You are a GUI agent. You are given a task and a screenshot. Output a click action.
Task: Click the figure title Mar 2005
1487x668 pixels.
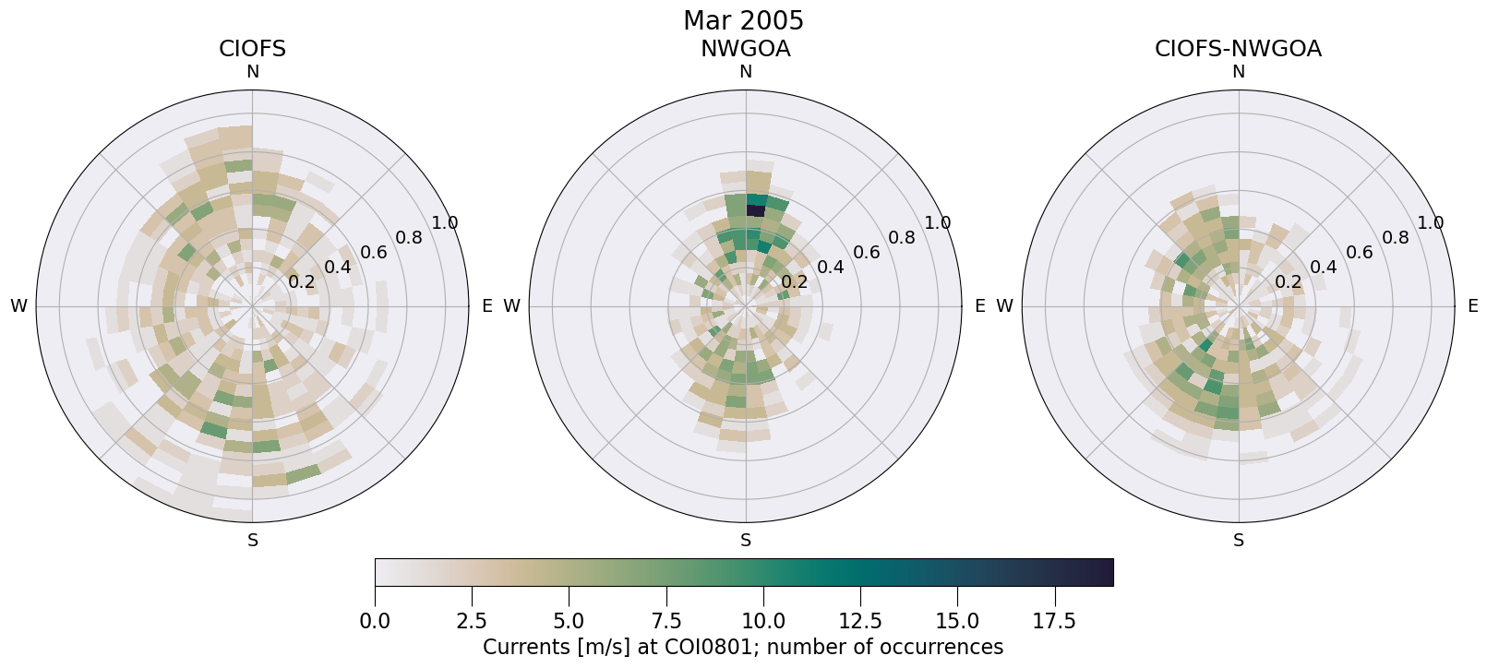click(743, 20)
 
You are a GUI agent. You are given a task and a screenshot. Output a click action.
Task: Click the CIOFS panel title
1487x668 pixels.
click(252, 49)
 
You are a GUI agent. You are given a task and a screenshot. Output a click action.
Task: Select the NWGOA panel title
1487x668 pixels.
click(745, 49)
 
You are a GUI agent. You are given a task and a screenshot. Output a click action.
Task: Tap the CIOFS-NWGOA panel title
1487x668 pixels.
click(1238, 49)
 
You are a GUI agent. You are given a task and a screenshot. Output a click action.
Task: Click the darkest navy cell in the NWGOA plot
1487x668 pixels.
click(754, 210)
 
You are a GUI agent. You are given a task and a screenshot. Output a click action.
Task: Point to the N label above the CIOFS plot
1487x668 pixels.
click(252, 72)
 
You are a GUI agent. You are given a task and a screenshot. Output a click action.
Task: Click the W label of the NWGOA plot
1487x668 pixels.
click(511, 306)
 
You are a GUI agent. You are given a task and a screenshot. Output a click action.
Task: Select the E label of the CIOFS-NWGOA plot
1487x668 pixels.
click(1472, 306)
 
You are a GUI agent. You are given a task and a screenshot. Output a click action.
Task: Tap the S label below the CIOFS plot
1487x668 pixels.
click(252, 541)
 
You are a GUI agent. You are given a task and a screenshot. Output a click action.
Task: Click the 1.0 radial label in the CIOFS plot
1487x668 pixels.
click(445, 222)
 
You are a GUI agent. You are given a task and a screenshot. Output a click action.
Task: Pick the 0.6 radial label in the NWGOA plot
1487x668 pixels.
click(865, 252)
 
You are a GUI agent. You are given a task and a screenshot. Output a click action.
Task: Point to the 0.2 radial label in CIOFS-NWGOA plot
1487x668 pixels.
click(1288, 281)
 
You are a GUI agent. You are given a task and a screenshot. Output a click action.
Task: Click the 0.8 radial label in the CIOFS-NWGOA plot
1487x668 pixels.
click(1396, 237)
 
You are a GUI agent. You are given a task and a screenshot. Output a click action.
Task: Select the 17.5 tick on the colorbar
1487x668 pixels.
click(1054, 621)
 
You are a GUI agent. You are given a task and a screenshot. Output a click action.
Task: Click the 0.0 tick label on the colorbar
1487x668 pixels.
click(375, 621)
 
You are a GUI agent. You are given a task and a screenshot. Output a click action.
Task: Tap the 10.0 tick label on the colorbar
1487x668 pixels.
click(762, 621)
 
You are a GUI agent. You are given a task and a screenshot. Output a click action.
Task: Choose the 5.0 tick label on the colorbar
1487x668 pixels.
click(569, 621)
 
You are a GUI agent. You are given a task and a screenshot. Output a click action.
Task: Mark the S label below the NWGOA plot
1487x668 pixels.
click(745, 541)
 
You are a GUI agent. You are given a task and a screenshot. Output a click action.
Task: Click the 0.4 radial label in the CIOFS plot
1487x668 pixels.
click(337, 267)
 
